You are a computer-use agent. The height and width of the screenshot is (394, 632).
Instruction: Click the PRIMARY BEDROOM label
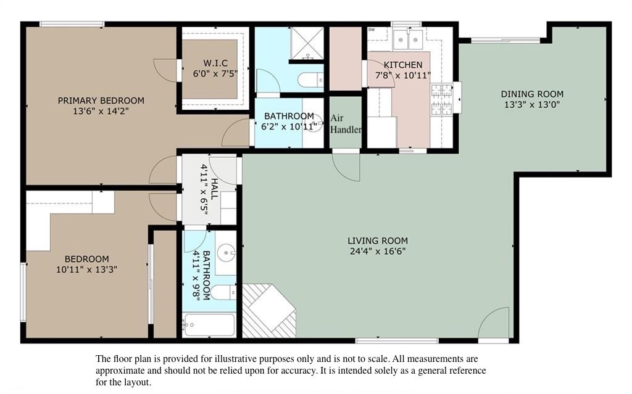101,101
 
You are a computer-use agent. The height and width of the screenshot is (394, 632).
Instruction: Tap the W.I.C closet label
215,64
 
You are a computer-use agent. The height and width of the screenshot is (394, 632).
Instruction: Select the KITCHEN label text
403,65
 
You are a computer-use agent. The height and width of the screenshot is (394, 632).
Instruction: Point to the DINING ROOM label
532,94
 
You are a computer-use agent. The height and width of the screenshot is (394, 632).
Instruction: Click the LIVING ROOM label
378,241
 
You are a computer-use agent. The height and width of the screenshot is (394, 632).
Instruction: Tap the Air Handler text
346,124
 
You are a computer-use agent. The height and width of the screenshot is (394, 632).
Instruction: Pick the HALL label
215,189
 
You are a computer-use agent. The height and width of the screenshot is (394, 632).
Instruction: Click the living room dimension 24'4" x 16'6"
378,252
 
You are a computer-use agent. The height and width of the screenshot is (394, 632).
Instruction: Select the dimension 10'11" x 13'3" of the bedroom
86,269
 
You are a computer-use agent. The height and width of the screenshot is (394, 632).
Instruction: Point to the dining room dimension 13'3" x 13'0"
532,105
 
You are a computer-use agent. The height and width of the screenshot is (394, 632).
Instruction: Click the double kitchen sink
408,39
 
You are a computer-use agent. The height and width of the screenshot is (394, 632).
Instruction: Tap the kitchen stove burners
441,99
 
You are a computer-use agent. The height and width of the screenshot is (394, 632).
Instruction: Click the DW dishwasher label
371,30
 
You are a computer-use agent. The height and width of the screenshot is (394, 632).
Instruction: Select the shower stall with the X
307,43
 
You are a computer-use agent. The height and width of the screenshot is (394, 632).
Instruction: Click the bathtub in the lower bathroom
209,325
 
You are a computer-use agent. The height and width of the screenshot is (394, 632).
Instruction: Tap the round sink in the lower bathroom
225,253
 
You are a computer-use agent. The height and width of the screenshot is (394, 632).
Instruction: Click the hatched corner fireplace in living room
269,311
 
